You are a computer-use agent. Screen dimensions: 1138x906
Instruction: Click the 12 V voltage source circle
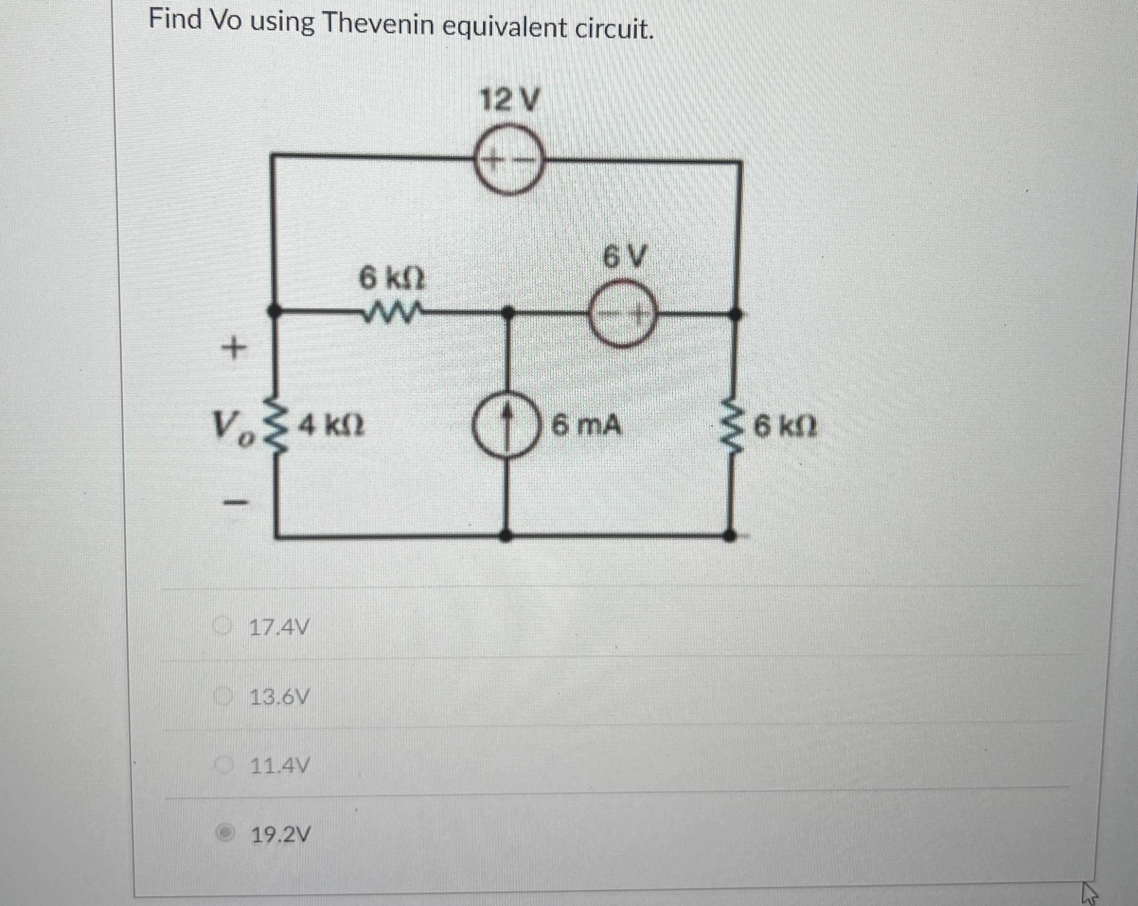[509, 159]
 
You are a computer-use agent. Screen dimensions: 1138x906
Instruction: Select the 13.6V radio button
[223, 697]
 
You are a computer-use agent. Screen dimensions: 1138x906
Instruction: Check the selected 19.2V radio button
[225, 834]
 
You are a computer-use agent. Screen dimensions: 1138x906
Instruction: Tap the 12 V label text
[509, 100]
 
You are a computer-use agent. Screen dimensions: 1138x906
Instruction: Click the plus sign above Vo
[234, 348]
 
